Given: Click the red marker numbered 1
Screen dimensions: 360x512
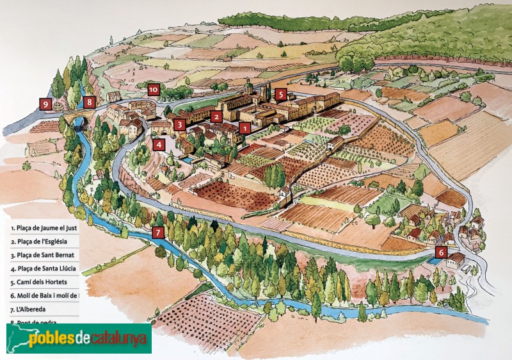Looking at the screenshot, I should click(243, 128).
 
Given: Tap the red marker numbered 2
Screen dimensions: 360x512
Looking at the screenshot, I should click(217, 117).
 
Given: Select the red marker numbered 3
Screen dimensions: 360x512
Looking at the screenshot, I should click(180, 124).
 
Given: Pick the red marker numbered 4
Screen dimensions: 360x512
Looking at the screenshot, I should click(159, 144).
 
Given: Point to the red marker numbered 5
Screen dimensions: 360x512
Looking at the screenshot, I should click(280, 95).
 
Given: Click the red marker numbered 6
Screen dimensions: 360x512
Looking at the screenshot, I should click(441, 252).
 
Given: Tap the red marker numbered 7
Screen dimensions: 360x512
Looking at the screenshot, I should click(158, 233).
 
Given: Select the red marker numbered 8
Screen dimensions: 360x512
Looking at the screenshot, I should click(89, 101).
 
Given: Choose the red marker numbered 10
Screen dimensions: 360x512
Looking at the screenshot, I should click(153, 90).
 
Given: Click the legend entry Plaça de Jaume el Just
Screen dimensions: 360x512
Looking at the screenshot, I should click(44, 227).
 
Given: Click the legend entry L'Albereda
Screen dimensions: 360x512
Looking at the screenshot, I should click(29, 309).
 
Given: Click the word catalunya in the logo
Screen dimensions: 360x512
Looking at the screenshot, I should click(118, 338).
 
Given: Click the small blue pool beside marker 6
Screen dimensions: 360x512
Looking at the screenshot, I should click(435, 261).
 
